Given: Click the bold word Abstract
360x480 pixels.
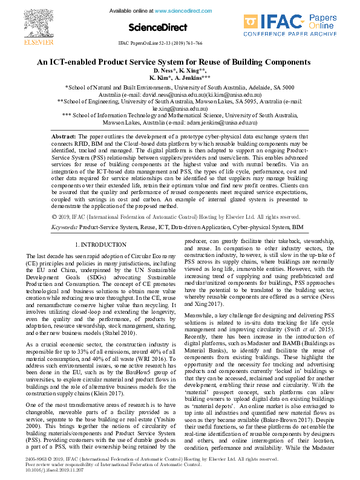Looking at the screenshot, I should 63,137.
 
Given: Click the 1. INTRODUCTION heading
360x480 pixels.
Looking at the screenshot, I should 100,244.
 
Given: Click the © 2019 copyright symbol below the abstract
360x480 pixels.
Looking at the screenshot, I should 54,216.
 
